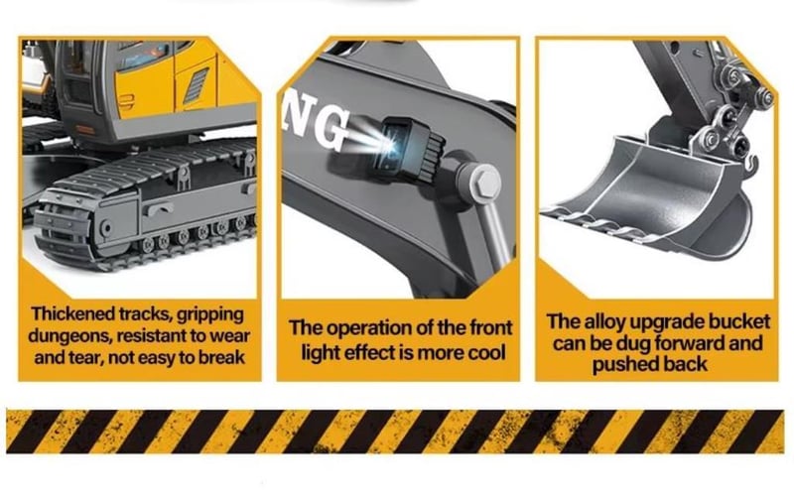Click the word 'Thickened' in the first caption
click(72, 313)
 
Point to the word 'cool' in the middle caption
click(486, 352)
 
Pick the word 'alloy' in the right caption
click(604, 321)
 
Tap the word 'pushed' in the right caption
click(622, 364)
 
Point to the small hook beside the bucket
click(751, 164)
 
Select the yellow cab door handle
click(125, 101)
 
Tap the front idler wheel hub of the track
click(106, 229)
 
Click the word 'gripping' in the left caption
click(210, 314)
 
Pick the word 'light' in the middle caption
click(321, 352)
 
